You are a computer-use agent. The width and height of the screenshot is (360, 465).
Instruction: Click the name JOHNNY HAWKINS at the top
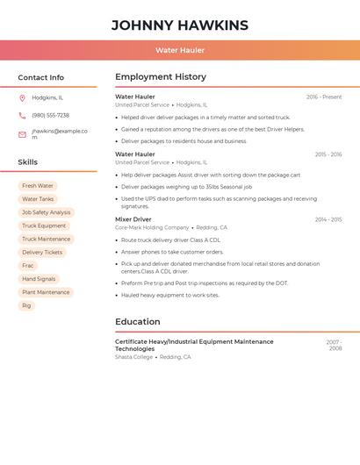coord(180,25)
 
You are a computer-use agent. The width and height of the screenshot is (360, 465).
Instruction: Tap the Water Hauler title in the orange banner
coord(180,50)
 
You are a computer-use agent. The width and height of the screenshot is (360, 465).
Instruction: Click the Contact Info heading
coord(41,77)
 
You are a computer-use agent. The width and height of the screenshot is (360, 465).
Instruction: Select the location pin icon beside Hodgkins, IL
coord(22,97)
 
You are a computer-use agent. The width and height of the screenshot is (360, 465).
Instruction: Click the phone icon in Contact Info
coord(22,115)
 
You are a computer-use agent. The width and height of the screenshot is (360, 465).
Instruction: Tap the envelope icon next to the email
coord(22,134)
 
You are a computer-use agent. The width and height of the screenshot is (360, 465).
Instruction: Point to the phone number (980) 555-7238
coord(50,115)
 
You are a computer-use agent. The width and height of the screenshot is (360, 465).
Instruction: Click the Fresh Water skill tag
coord(38,186)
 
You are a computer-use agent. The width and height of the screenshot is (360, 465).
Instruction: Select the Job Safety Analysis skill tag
coord(46,212)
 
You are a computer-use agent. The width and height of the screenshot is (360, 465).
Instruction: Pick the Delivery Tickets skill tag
coord(42,252)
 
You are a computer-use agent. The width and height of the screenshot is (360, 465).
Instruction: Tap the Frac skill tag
coord(28,265)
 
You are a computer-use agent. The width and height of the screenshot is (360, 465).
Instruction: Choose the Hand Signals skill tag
coord(39,279)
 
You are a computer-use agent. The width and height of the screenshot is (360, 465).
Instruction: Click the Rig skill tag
coord(26,305)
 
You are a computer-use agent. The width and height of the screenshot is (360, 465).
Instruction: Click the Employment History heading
coord(161,77)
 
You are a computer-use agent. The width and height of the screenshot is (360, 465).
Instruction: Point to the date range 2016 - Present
coord(324,97)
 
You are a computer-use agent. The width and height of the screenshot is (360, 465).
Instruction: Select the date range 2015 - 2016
coord(328,154)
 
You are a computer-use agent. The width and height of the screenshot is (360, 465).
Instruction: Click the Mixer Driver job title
coord(133,219)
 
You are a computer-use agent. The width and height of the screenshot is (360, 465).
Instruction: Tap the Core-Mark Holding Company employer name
coord(152,227)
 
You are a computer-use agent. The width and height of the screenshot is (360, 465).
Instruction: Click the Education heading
coord(138,322)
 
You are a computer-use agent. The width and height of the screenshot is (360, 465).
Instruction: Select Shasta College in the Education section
coord(134,357)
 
